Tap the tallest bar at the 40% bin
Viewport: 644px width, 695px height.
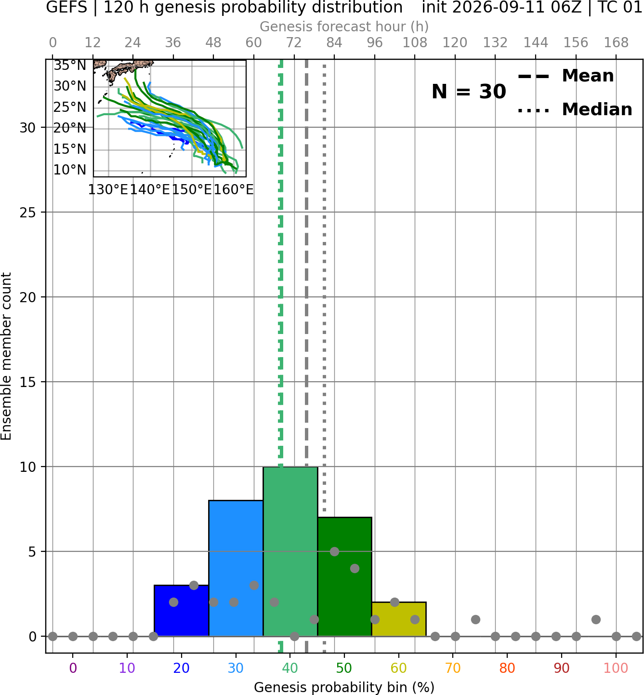[x=290, y=551]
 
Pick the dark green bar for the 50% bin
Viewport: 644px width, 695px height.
[x=344, y=576]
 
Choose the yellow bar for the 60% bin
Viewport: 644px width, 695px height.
[x=399, y=619]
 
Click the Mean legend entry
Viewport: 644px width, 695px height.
[x=565, y=76]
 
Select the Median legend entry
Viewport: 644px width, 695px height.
[x=575, y=109]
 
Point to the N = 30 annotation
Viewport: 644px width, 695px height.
[x=469, y=92]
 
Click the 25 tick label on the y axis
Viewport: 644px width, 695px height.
[x=28, y=213]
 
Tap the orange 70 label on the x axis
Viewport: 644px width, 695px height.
[x=453, y=668]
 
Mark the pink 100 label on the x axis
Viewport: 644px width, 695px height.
[x=616, y=668]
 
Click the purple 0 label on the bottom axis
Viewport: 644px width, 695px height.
[x=73, y=668]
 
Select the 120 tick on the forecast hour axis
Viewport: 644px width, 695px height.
[x=455, y=43]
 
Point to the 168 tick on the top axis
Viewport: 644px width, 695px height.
[x=616, y=43]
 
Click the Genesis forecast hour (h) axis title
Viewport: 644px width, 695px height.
[x=344, y=27]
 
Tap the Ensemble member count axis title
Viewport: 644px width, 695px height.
[x=6, y=357]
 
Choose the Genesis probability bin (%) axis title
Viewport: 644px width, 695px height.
[x=344, y=687]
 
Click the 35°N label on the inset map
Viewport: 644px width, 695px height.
[x=70, y=66]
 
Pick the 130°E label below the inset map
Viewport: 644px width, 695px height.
[x=108, y=190]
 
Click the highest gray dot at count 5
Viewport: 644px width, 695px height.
[x=334, y=551]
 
